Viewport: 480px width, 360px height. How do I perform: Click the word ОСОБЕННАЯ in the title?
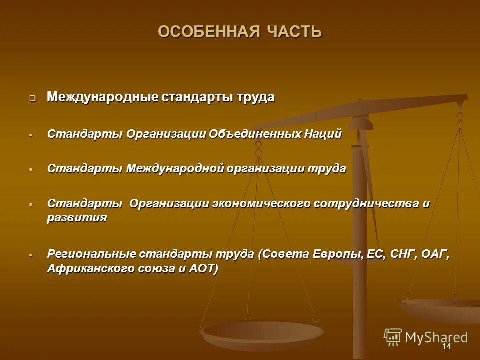click(x=205, y=32)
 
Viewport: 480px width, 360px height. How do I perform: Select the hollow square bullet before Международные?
click(x=32, y=98)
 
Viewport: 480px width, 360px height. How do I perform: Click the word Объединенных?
click(x=254, y=134)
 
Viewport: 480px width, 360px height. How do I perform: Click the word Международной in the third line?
click(x=175, y=168)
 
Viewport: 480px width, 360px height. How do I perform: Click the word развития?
click(x=77, y=218)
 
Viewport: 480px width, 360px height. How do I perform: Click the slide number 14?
click(x=446, y=347)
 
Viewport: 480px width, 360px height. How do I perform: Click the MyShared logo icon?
click(x=392, y=337)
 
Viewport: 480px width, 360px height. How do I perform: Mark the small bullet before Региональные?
click(x=31, y=255)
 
